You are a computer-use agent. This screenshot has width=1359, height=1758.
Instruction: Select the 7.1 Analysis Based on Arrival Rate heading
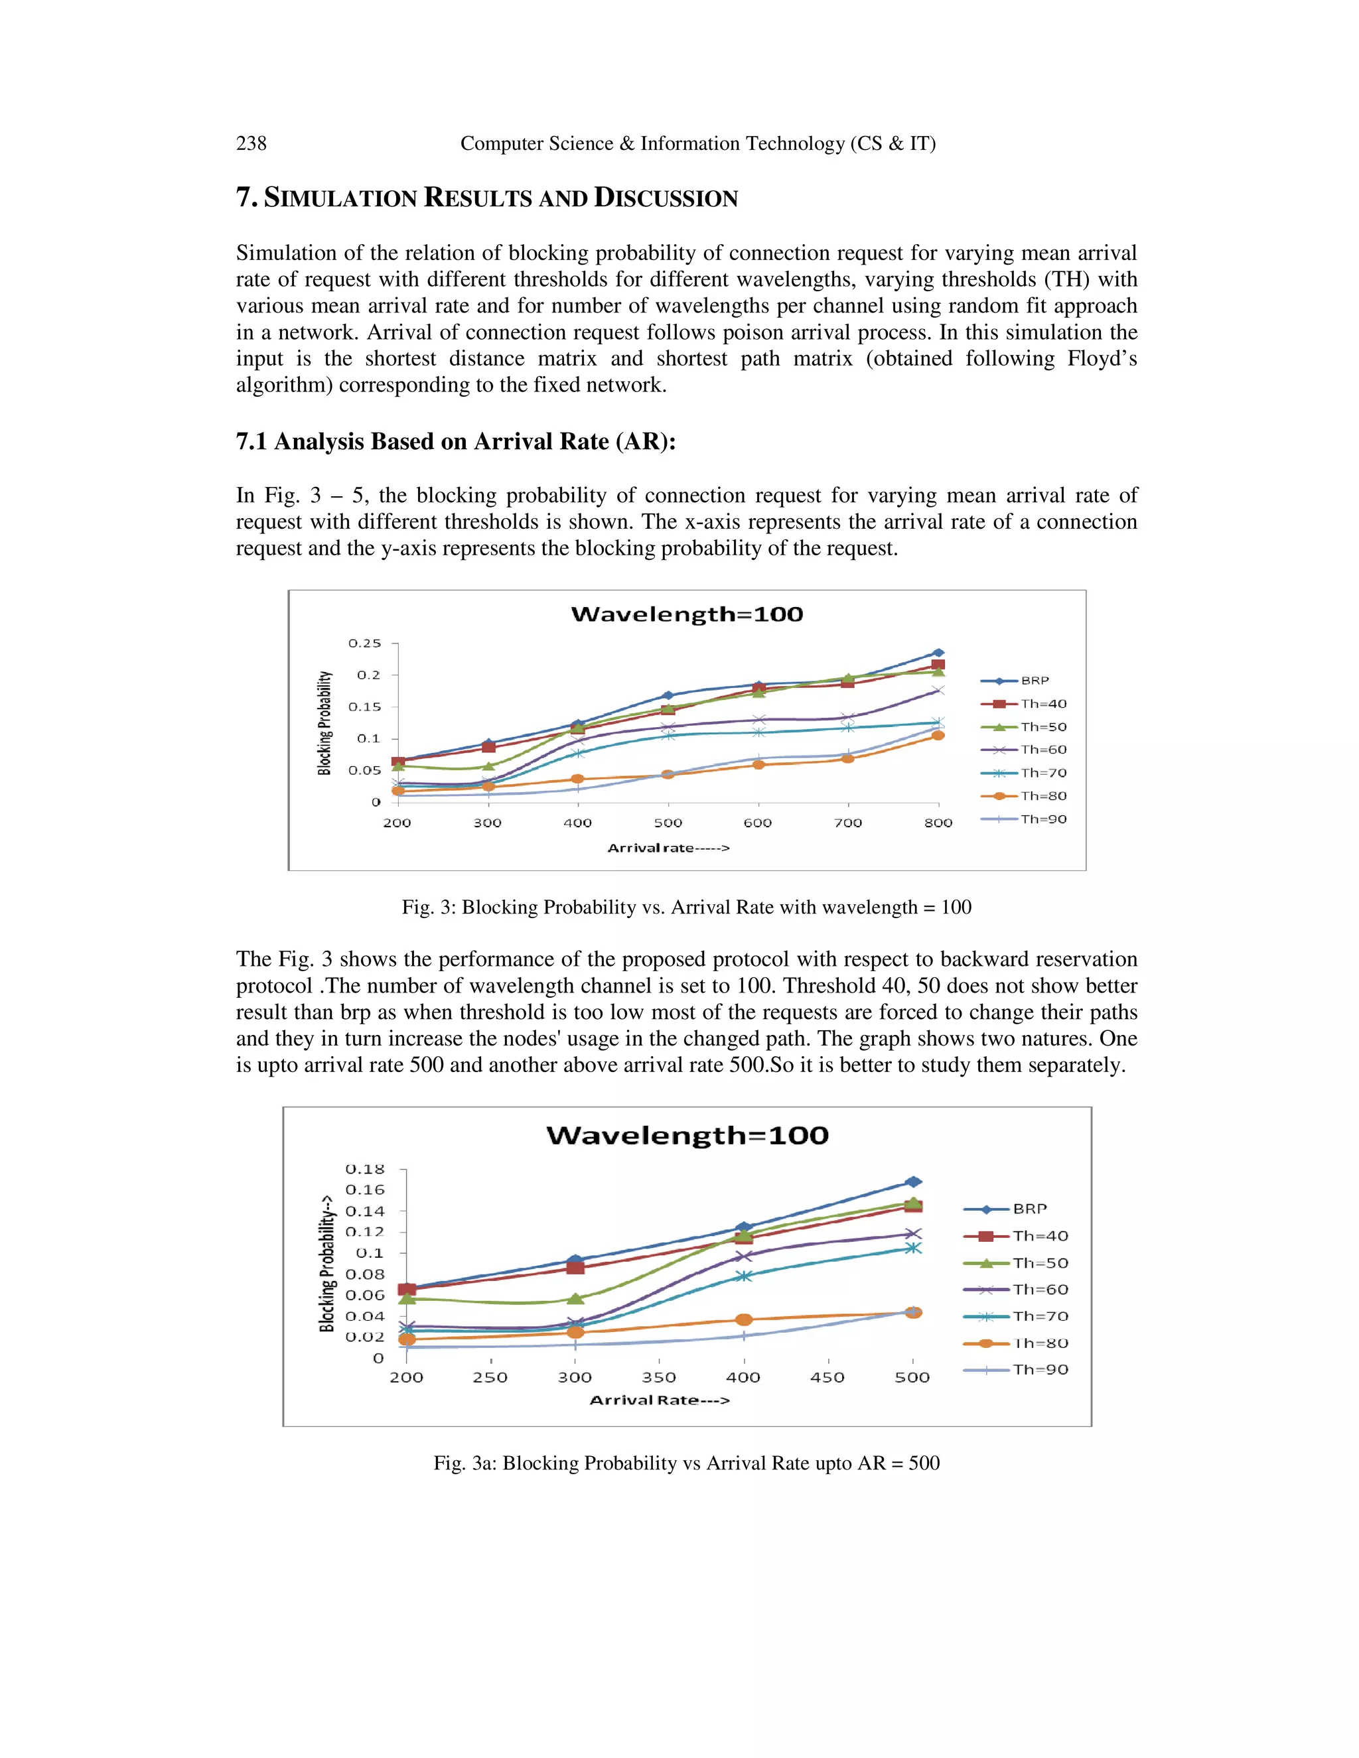456,441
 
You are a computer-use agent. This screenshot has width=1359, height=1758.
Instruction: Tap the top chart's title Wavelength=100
687,614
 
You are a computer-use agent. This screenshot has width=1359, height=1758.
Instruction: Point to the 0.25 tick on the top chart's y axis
365,643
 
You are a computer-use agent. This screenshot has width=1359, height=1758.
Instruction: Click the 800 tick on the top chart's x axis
938,823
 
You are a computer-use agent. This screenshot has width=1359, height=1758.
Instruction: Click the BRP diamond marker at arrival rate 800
938,653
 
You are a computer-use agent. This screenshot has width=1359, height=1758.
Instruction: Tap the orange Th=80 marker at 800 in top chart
938,735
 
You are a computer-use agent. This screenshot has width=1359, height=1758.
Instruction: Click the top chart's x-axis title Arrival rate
668,848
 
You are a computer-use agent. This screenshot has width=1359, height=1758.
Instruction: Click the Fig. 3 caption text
687,907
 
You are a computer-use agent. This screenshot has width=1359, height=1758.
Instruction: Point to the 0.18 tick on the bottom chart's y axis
365,1169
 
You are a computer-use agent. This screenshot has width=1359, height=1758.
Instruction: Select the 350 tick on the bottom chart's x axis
658,1377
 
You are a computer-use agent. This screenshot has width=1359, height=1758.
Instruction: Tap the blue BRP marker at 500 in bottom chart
913,1182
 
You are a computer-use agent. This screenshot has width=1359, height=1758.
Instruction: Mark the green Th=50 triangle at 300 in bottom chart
575,1298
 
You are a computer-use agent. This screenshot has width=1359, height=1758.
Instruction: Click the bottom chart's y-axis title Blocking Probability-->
327,1264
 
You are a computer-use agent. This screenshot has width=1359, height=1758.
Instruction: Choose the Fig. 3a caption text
687,1463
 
